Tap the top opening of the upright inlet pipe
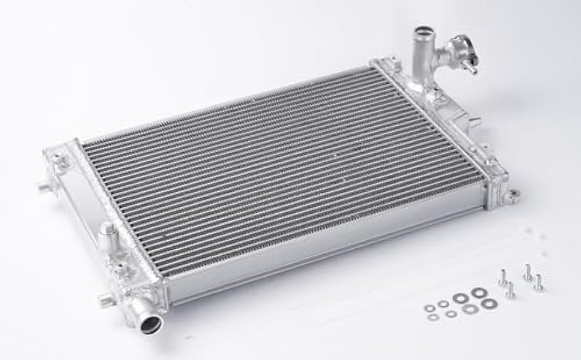pyautogui.click(x=422, y=32)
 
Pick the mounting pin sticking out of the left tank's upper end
pyautogui.click(x=45, y=188)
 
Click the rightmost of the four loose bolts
pyautogui.click(x=539, y=283)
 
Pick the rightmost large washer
pyautogui.click(x=487, y=304)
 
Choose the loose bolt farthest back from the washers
pyautogui.click(x=527, y=271)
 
